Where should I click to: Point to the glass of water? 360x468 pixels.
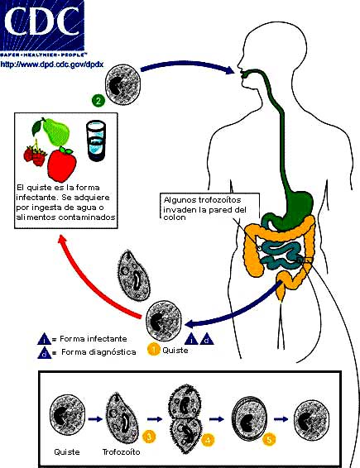[98, 140]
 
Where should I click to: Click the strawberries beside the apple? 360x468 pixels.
[37, 155]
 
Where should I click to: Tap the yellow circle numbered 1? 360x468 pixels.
[152, 349]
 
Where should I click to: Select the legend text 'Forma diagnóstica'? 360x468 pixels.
[84, 353]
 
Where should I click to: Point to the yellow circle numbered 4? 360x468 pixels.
[209, 440]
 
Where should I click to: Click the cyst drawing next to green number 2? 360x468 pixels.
[123, 84]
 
